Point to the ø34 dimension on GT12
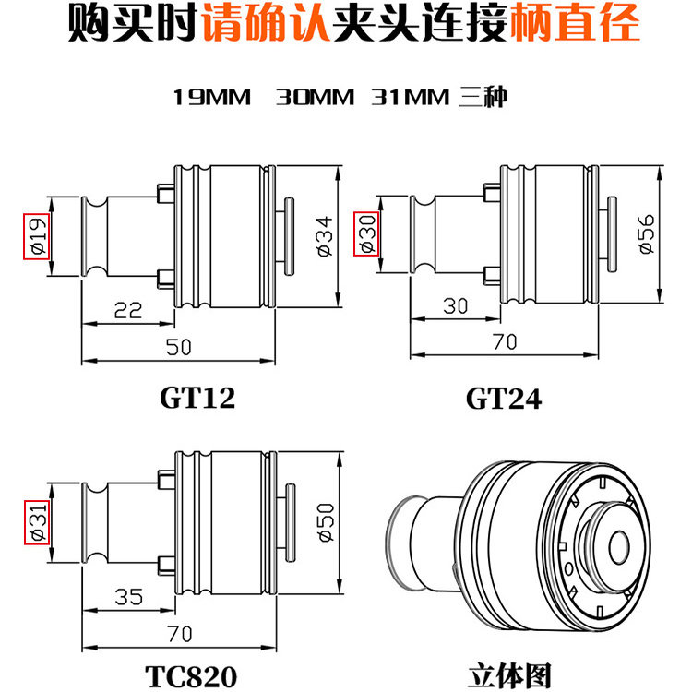click(323, 235)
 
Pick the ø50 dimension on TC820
click(323, 522)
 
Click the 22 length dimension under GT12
click(128, 310)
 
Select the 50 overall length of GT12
click(180, 346)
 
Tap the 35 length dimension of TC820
click(129, 596)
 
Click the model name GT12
click(197, 398)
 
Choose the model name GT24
click(503, 398)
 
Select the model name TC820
click(191, 675)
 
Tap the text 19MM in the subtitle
click(212, 97)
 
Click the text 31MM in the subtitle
click(409, 97)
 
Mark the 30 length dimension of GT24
click(457, 305)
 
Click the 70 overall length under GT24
click(504, 341)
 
